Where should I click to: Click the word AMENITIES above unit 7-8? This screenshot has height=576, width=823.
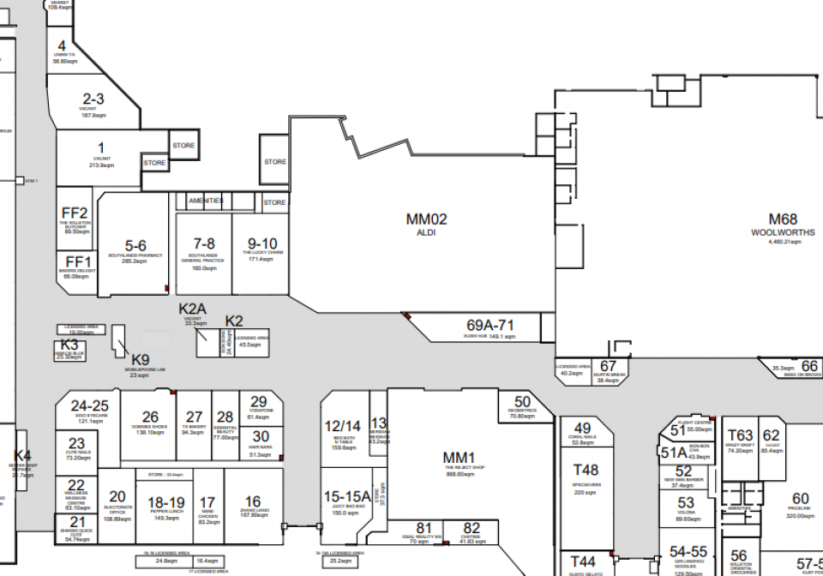(206, 201)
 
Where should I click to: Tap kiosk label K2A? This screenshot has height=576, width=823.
(193, 309)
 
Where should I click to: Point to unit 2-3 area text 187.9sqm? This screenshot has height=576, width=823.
(93, 114)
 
